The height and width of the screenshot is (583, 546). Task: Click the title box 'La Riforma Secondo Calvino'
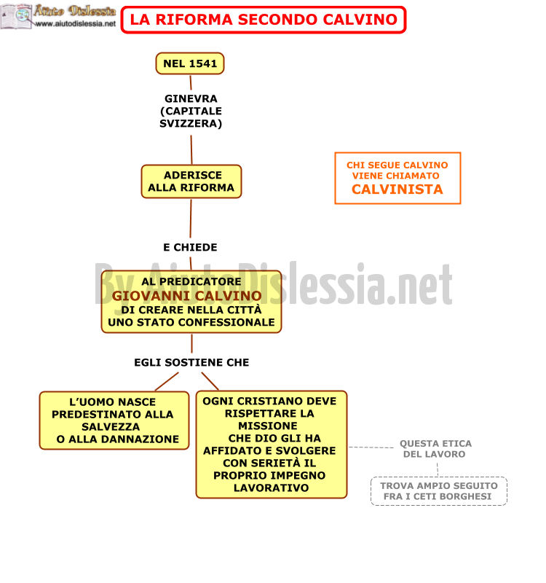pyautogui.click(x=264, y=20)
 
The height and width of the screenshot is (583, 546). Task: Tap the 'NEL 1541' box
pyautogui.click(x=190, y=63)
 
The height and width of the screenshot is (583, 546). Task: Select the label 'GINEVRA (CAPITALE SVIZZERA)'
pyautogui.click(x=191, y=111)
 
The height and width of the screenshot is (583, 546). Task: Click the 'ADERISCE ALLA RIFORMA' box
pyautogui.click(x=191, y=181)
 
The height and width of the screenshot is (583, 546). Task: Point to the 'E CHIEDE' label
pyautogui.click(x=190, y=247)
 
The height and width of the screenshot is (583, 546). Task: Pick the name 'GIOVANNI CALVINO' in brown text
pyautogui.click(x=187, y=296)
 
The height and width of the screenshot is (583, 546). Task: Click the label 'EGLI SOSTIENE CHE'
pyautogui.click(x=191, y=362)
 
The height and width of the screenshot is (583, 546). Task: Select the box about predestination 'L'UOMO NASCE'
pyautogui.click(x=114, y=420)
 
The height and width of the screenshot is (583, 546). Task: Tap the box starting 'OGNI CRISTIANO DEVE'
pyautogui.click(x=272, y=445)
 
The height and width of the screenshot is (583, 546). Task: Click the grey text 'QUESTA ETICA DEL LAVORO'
pyautogui.click(x=435, y=449)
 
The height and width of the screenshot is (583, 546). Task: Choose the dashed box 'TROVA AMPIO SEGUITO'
pyautogui.click(x=439, y=491)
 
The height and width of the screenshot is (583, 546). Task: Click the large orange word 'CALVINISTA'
pyautogui.click(x=397, y=189)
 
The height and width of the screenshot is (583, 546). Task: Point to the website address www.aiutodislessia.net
pyautogui.click(x=76, y=24)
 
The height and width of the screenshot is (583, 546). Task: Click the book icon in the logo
pyautogui.click(x=16, y=16)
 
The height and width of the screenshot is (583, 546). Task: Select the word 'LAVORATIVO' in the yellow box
pyautogui.click(x=271, y=488)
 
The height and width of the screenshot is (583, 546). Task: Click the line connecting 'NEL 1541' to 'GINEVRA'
pyautogui.click(x=191, y=82)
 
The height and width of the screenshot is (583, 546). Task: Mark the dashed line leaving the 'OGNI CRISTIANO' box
pyautogui.click(x=371, y=447)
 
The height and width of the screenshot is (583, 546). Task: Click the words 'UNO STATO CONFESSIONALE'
pyautogui.click(x=191, y=322)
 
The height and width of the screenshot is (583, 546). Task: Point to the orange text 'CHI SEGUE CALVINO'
pyautogui.click(x=397, y=165)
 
